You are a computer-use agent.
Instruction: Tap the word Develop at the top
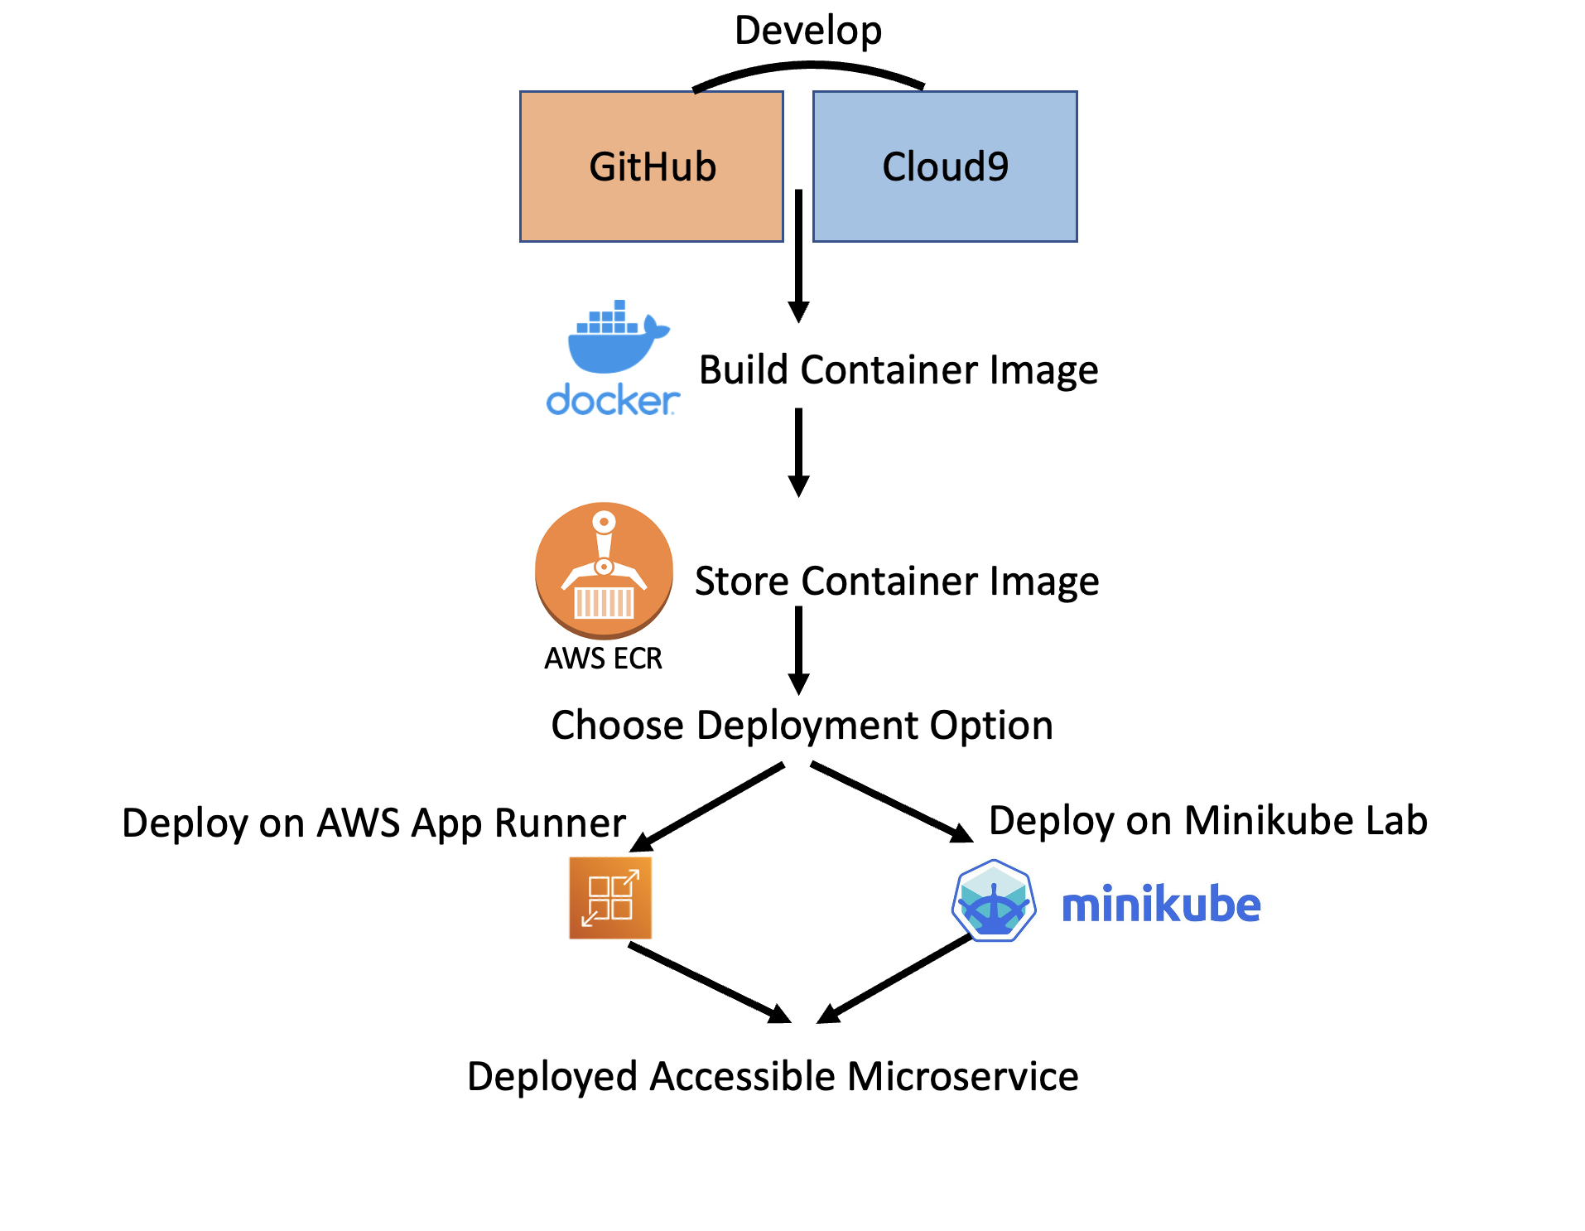pos(807,31)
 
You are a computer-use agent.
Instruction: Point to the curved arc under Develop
pos(807,69)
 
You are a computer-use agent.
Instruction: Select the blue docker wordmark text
pos(612,401)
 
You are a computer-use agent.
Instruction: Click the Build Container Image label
pos(898,369)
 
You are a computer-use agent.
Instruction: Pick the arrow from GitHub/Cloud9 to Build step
pos(798,257)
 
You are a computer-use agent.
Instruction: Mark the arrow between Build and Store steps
pos(798,451)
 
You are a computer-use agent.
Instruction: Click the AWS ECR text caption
pos(603,659)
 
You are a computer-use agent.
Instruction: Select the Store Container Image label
pos(896,581)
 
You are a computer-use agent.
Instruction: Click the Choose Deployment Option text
pos(802,726)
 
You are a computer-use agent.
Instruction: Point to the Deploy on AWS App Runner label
pos(373,823)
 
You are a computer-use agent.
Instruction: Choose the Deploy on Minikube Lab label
pos(1207,821)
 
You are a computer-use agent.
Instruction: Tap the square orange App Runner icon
pos(610,898)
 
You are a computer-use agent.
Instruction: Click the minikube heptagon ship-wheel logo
pos(994,901)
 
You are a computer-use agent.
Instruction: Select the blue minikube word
pos(1161,905)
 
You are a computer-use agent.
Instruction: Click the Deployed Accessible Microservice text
pos(773,1077)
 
